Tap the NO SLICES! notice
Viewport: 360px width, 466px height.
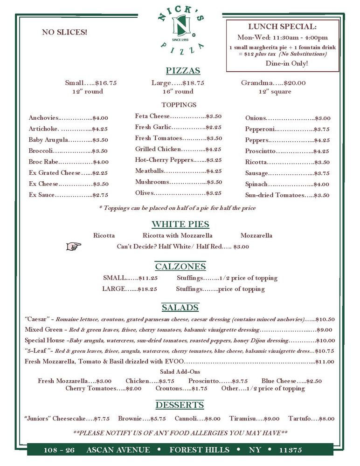click(x=64, y=32)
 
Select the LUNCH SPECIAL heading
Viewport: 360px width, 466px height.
click(x=282, y=27)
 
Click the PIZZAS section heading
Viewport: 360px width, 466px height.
click(x=183, y=71)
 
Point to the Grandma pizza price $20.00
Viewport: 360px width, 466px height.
click(x=294, y=83)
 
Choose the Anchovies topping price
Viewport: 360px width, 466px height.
click(x=100, y=118)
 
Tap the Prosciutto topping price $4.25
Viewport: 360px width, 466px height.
click(x=321, y=151)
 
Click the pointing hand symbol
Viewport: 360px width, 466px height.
click(x=74, y=246)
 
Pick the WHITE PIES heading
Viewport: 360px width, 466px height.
click(x=180, y=224)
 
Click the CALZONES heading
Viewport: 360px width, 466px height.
click(x=180, y=267)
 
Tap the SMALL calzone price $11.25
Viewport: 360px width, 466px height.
click(x=148, y=278)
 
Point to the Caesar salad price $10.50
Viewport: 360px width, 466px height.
click(x=325, y=319)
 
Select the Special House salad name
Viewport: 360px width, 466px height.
click(x=45, y=340)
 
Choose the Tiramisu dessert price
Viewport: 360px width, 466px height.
click(x=271, y=418)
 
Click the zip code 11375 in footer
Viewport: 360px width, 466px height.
click(x=291, y=450)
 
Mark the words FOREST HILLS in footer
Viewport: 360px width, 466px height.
click(x=200, y=450)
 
